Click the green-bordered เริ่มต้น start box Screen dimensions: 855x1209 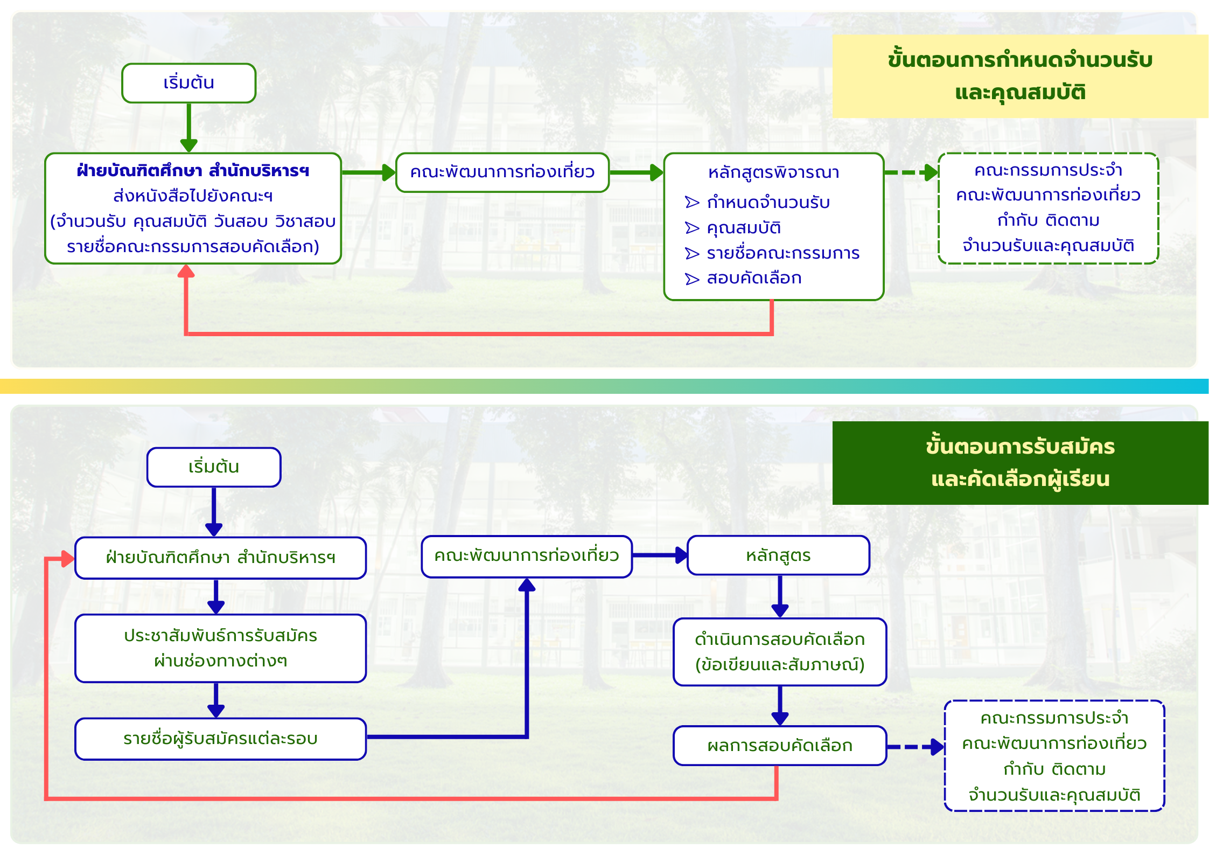[x=188, y=83]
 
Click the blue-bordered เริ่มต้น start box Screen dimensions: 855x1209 [x=214, y=467]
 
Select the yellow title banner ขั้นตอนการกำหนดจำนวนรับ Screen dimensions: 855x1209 [x=1019, y=76]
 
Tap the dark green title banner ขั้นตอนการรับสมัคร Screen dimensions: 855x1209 [x=1019, y=463]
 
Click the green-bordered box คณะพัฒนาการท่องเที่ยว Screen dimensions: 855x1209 [x=502, y=172]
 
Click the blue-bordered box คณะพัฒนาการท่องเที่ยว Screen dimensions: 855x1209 [x=526, y=556]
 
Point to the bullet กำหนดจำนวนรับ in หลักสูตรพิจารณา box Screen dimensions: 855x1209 [x=768, y=203]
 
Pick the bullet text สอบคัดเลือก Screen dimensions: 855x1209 [x=754, y=279]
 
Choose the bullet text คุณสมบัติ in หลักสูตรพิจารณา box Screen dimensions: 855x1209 [x=744, y=228]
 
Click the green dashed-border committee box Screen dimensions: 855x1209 [x=1048, y=208]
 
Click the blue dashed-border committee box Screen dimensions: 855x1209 [x=1054, y=756]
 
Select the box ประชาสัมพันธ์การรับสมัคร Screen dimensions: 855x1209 [x=220, y=648]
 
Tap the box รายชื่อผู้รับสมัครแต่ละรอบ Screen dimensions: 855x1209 [x=220, y=739]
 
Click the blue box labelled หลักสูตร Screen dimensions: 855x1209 [x=778, y=555]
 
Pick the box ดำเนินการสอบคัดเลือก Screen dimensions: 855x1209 [x=779, y=652]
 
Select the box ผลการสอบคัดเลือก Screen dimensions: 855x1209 [x=779, y=746]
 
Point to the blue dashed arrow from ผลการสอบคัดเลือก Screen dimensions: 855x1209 [x=915, y=747]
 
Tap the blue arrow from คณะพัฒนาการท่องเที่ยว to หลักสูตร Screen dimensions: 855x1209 [x=660, y=555]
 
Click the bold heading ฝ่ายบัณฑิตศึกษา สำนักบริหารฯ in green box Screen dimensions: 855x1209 [x=193, y=171]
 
